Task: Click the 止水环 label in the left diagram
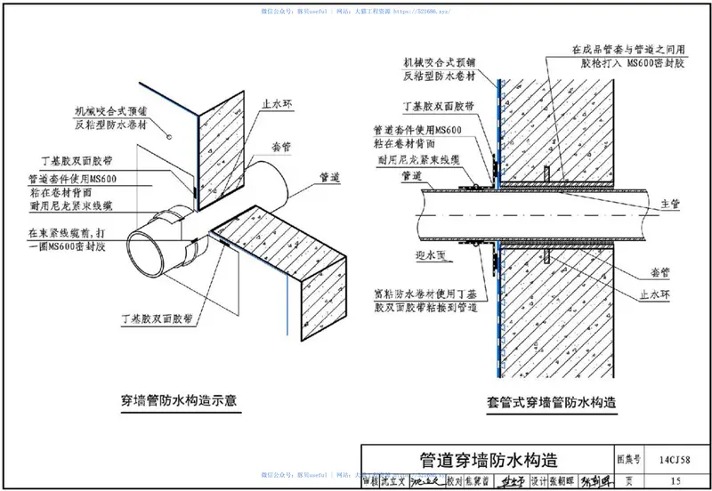pos(277,105)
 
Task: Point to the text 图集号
pos(629,460)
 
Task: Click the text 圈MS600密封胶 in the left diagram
pos(80,245)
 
